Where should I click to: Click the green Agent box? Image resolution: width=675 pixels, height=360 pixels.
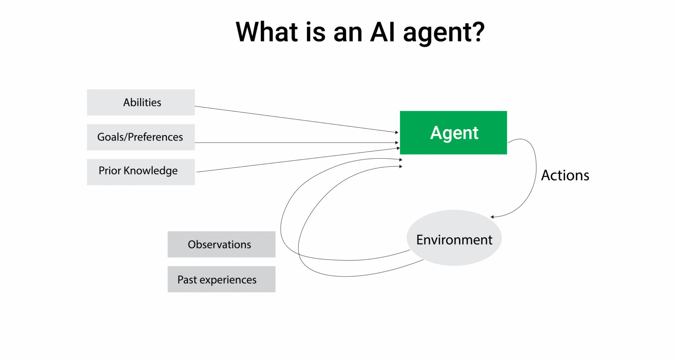[x=453, y=133]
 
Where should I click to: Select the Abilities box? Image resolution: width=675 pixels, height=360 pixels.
[x=141, y=102]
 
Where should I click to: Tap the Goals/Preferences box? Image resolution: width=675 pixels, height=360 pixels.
[x=141, y=137]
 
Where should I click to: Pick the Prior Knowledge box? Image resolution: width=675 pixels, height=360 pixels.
[x=141, y=172]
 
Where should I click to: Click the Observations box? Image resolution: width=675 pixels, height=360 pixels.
[x=221, y=244]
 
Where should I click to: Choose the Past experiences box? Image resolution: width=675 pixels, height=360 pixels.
[x=221, y=279]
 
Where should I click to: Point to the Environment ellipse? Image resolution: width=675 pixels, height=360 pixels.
[x=454, y=238]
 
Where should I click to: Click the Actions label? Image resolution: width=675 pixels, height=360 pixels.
[x=565, y=175]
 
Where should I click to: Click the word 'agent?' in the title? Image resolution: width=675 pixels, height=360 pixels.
[x=444, y=33]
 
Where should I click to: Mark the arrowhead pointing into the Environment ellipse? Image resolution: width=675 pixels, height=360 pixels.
[x=493, y=217]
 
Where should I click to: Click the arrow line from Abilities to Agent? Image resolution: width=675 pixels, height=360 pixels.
[x=295, y=119]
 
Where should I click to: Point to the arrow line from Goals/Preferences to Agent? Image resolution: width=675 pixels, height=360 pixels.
[x=295, y=143]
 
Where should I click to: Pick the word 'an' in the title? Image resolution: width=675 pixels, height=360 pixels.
[x=348, y=33]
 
